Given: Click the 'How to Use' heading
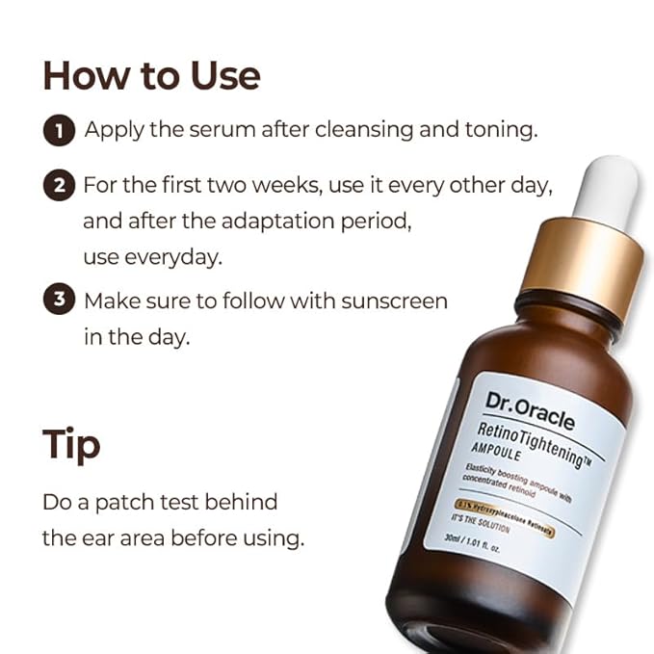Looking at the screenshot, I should tap(151, 75).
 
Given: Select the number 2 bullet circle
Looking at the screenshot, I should tap(59, 186).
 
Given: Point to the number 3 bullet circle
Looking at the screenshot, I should tap(59, 301).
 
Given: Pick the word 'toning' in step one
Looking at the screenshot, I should tap(493, 130).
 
